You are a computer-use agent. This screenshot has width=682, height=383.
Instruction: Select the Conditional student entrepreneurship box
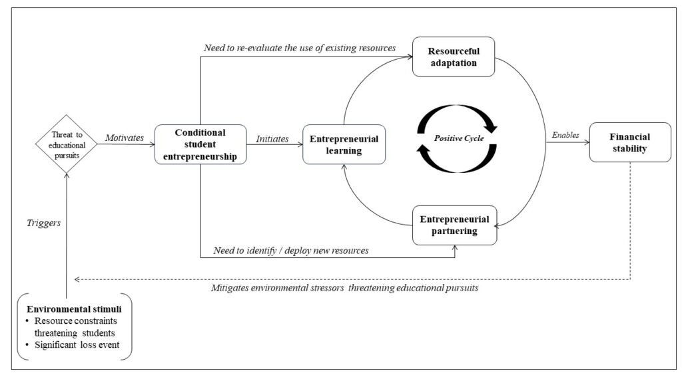pyautogui.click(x=200, y=144)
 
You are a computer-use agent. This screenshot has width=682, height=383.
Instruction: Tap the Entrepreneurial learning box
pyautogui.click(x=344, y=144)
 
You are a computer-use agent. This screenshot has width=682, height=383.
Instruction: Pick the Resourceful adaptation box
pyautogui.click(x=454, y=56)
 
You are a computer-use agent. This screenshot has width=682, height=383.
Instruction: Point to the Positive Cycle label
pyautogui.click(x=459, y=138)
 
